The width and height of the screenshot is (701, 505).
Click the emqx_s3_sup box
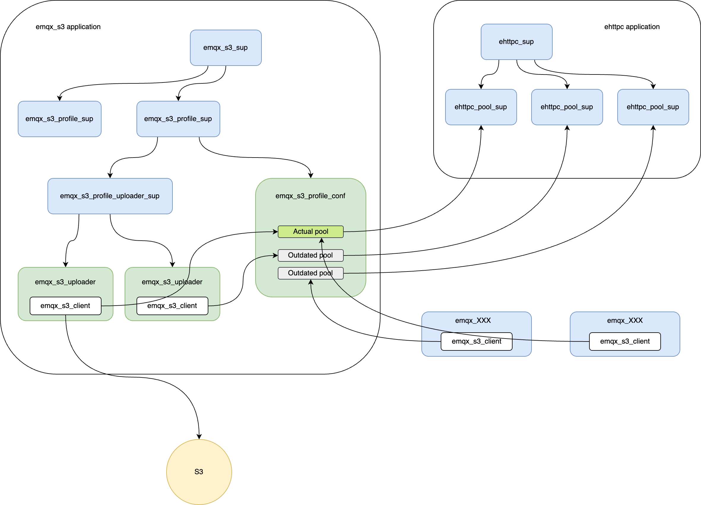226,47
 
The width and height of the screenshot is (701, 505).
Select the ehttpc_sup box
516,42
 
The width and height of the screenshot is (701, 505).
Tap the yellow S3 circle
199,472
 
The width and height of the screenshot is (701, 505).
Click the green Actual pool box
310,231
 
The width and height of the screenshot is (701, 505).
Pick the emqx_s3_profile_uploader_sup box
110,196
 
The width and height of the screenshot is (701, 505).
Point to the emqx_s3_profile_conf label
310,196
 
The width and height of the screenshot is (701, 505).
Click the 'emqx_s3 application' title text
68,27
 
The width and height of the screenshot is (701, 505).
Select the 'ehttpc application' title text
632,27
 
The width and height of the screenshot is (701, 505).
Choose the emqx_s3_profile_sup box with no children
59,119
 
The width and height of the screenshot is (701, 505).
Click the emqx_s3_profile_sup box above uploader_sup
178,119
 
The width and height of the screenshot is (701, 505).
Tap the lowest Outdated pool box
310,273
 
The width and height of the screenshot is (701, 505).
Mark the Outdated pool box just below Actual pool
310,255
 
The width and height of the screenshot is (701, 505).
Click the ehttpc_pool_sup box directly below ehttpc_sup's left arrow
480,107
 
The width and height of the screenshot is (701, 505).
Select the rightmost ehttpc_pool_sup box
653,107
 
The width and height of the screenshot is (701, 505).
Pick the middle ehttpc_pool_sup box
567,107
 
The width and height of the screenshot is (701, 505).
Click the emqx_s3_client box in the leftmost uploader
65,306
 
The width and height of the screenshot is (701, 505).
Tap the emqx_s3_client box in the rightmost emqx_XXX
625,342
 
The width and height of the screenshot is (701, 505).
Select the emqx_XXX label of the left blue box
472,320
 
